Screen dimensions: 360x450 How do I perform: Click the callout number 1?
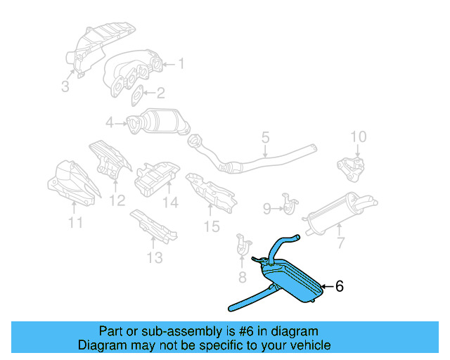point(181,65)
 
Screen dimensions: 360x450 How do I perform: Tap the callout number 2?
point(161,93)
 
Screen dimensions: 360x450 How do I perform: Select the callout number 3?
point(65,87)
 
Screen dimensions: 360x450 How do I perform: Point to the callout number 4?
point(110,124)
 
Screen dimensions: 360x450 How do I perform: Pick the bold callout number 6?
point(339,286)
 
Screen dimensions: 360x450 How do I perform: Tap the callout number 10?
point(358,136)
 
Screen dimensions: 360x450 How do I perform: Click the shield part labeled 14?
point(157,177)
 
